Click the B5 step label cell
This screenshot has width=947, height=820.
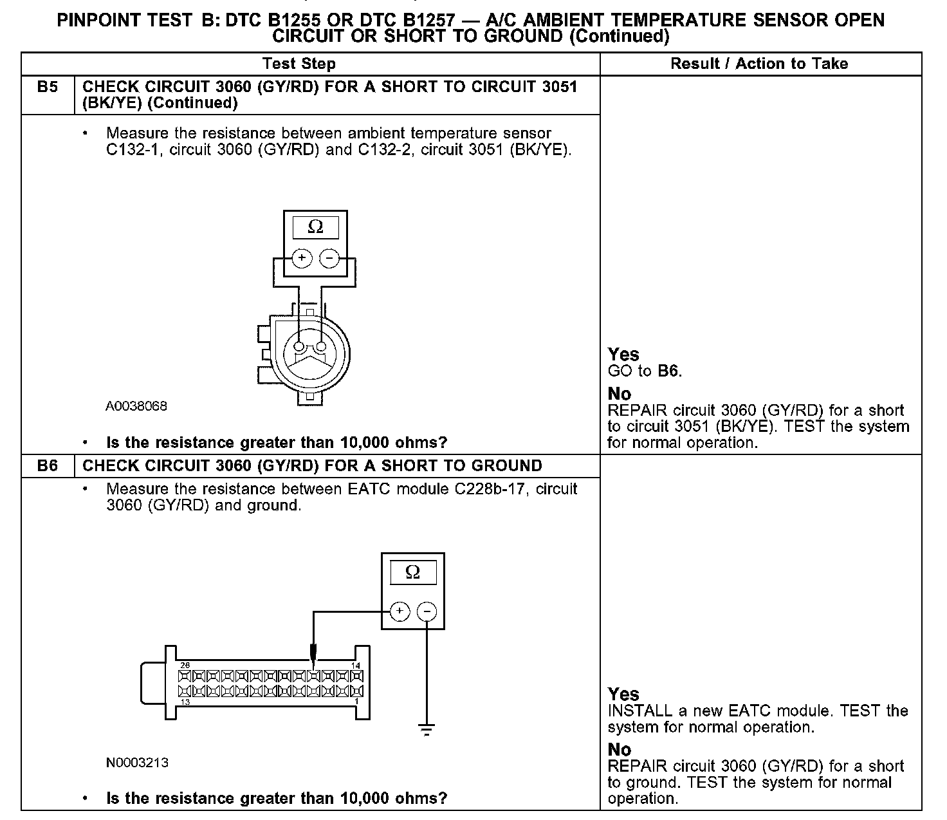click(47, 88)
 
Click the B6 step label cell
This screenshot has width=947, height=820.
click(47, 466)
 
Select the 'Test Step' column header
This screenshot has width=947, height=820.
click(299, 64)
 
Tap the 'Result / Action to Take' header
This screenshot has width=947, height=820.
click(759, 64)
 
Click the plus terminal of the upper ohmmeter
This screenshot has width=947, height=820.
click(302, 258)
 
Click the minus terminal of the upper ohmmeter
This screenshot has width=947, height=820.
click(329, 258)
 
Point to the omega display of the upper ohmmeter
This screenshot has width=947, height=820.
click(315, 227)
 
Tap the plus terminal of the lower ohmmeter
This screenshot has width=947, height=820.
click(400, 611)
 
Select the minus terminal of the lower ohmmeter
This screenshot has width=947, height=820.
click(427, 611)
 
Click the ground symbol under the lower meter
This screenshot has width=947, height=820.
click(426, 729)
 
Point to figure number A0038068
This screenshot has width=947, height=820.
click(136, 406)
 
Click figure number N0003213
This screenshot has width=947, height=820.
click(137, 763)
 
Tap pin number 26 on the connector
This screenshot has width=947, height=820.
click(185, 666)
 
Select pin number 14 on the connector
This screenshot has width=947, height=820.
click(356, 666)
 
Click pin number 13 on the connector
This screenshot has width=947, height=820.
click(185, 702)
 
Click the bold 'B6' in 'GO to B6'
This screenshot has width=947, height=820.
click(668, 371)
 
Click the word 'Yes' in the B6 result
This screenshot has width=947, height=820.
click(623, 694)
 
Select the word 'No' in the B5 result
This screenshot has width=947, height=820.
click(620, 394)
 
